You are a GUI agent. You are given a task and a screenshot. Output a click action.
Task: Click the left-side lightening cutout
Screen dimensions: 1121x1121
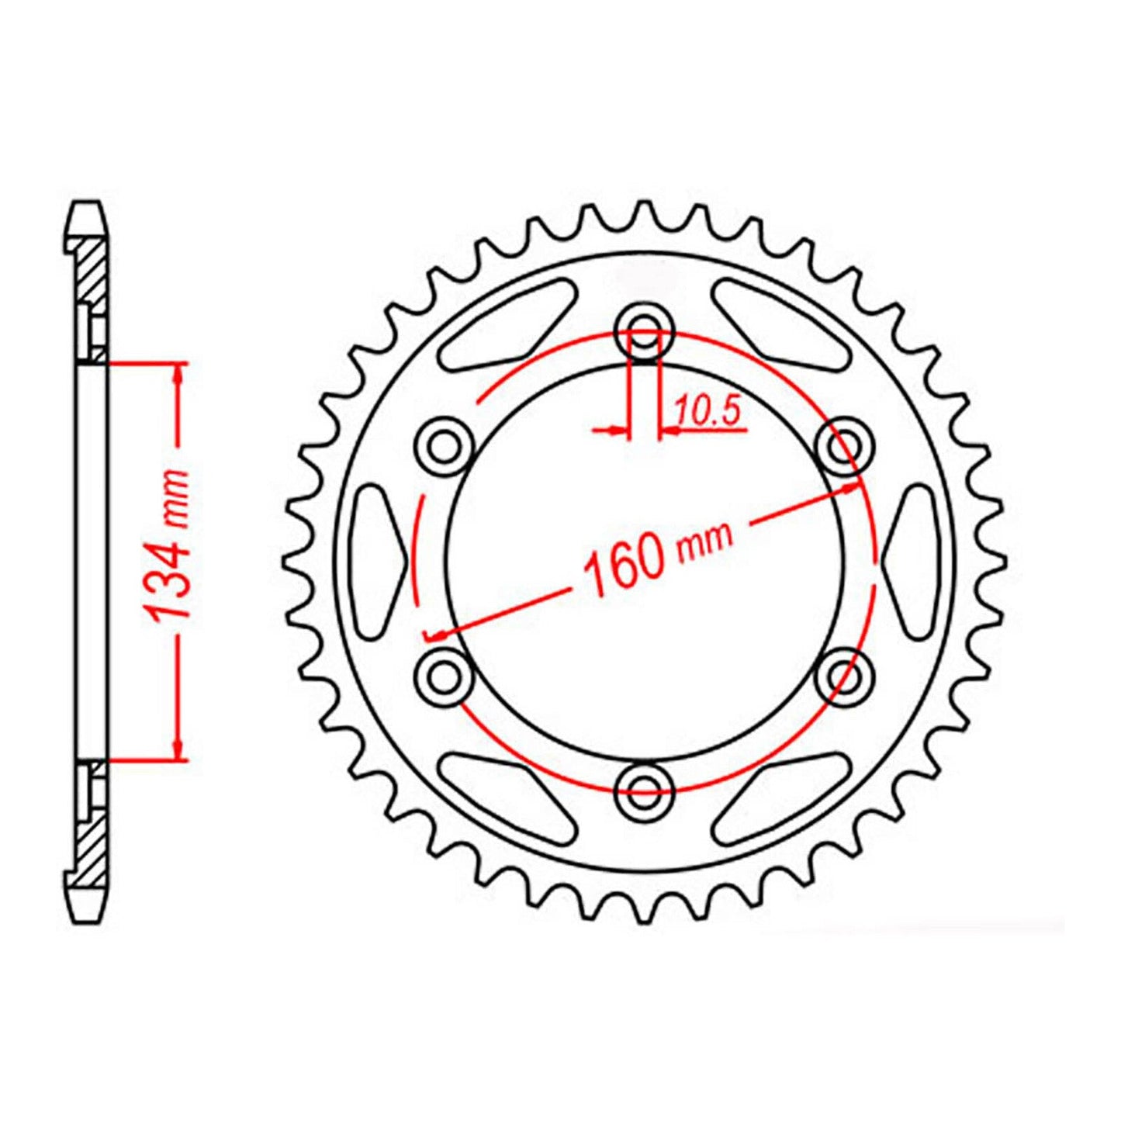[378, 561]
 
